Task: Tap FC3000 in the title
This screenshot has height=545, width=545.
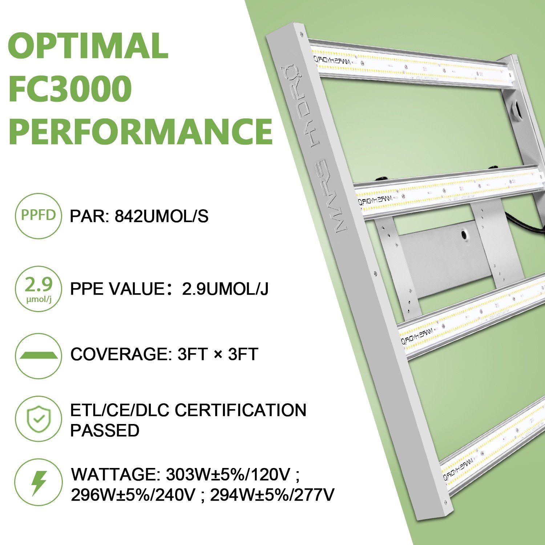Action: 70,88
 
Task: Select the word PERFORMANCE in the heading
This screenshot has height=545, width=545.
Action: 140,131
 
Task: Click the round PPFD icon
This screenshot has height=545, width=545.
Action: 38,215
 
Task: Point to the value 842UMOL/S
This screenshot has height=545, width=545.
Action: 162,217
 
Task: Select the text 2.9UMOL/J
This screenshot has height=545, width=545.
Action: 225,289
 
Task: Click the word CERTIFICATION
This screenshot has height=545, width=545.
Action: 241,411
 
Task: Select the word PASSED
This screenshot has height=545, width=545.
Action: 105,431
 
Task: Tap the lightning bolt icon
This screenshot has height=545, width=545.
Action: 38,483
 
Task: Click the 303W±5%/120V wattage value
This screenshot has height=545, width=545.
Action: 228,475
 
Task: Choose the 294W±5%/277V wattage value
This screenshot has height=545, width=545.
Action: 272,495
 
